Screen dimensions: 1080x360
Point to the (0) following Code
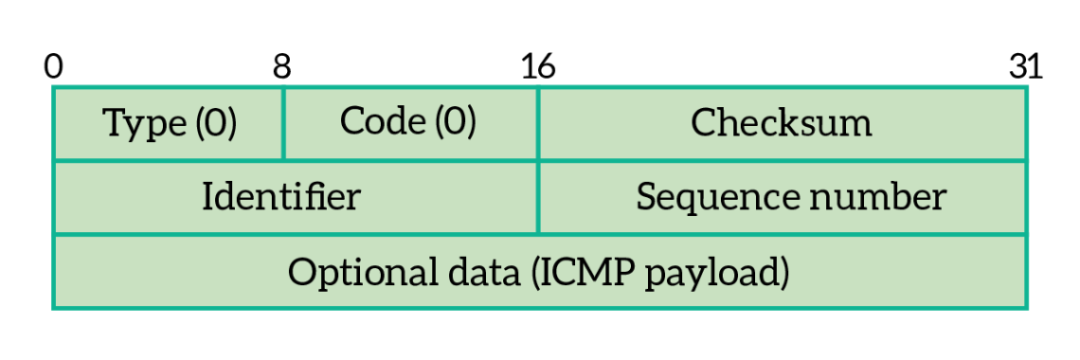pos(455,121)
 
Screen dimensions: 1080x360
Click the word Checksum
pos(782,123)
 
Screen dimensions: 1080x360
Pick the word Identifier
pos(281,197)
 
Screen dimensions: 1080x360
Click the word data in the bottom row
pos(479,273)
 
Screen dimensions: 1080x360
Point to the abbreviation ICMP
pos(579,273)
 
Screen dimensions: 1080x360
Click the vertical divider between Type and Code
pos(283,123)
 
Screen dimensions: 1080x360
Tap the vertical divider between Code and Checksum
pos(538,123)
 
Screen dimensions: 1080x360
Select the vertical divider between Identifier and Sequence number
pos(538,197)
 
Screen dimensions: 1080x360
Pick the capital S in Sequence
pos(646,197)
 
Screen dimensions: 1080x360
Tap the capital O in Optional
pos(302,273)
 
